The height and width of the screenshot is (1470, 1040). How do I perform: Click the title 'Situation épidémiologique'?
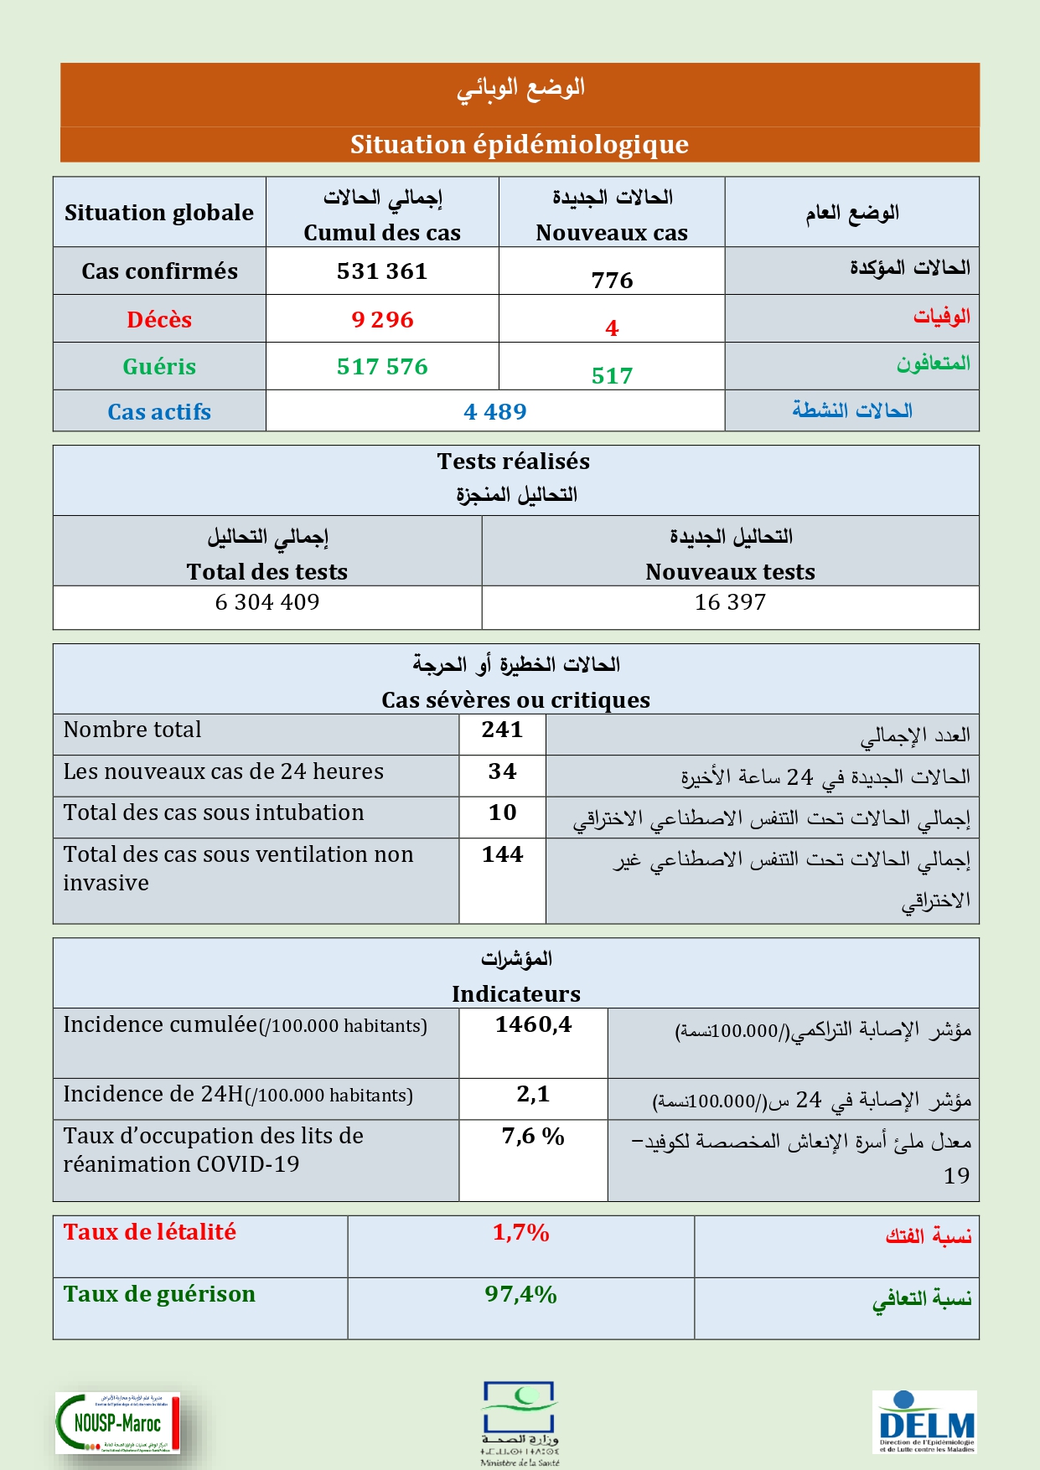pos(519,145)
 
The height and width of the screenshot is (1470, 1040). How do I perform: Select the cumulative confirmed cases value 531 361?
pos(382,271)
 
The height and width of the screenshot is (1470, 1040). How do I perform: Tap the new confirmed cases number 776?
pos(612,281)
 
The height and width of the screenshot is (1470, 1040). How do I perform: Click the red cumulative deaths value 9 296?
pos(382,320)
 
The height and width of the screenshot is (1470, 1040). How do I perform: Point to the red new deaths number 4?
pos(612,328)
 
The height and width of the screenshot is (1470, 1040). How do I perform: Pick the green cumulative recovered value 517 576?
pos(382,367)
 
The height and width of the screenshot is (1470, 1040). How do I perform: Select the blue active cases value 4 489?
pos(494,412)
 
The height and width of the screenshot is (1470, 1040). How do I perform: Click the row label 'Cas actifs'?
pos(159,412)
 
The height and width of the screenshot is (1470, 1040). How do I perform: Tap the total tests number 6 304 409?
pos(267,602)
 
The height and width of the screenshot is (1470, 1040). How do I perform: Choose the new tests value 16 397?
pos(730,602)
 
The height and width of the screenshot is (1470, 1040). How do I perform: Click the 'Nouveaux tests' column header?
pos(730,572)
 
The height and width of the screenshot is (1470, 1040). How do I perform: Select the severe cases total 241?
pos(502,730)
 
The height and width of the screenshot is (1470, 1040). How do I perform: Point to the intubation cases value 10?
pos(502,812)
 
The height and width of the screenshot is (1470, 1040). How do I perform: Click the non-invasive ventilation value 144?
pos(502,854)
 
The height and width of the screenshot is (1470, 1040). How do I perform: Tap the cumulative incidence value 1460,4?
pos(533,1024)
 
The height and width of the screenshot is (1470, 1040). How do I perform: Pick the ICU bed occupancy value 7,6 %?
pos(533,1137)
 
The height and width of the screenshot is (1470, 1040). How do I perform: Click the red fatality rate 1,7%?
pos(520,1233)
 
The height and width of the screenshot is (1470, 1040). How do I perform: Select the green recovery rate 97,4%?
pos(520,1295)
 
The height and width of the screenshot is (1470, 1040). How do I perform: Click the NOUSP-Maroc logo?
pos(117,1423)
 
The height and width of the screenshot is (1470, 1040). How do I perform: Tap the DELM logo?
pos(925,1422)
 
